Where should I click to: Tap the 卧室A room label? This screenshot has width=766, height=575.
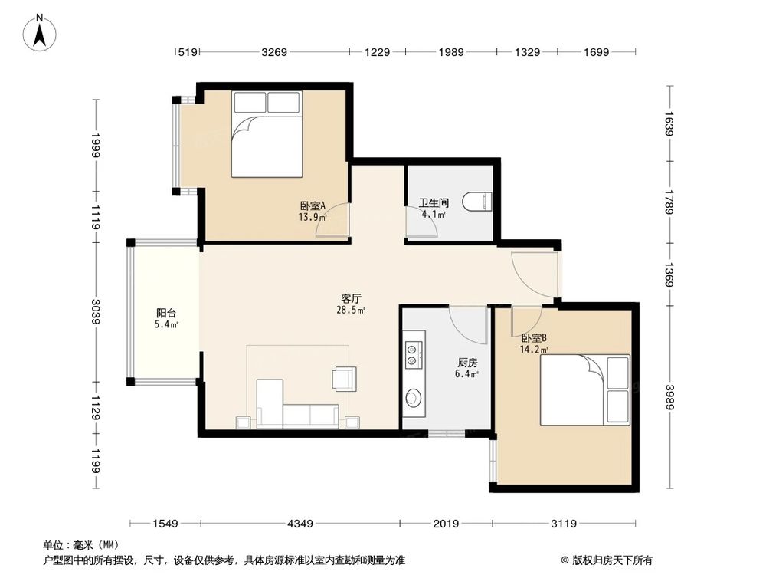point(313,206)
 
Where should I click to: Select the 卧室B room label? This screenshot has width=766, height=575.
point(534,337)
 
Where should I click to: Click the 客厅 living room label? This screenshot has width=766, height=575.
point(351,298)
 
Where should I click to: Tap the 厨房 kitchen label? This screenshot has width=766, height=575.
point(467,363)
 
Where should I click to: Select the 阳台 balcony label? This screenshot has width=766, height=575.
point(166,313)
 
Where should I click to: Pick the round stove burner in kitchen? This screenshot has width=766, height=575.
point(414,398)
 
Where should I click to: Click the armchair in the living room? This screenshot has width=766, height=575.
point(344,378)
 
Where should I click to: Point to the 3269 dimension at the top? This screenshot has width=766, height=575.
point(274,52)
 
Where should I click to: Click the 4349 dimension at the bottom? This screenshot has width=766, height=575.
point(300,524)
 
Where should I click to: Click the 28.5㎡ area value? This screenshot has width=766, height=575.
point(351,310)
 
